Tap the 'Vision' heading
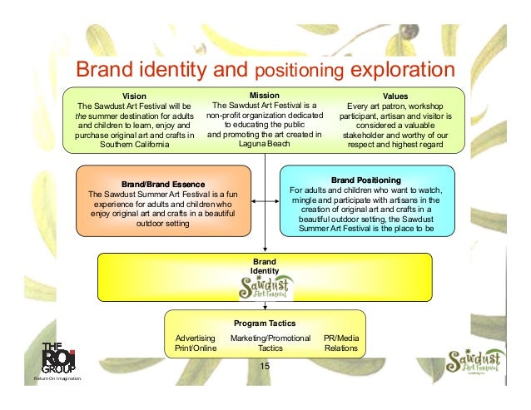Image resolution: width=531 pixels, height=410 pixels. point(134,96)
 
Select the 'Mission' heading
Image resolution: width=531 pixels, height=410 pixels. point(264,96)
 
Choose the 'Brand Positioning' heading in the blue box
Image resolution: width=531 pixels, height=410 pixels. point(366,179)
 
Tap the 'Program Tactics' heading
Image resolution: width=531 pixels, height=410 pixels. point(265,323)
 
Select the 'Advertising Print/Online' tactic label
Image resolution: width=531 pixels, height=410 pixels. point(196,343)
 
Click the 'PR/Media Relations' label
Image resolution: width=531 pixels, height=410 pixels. point(340,343)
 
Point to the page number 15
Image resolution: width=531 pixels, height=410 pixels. point(265,368)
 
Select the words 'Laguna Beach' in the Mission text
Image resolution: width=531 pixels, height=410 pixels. point(264,143)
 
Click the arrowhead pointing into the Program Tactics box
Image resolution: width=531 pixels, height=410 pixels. point(265,306)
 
